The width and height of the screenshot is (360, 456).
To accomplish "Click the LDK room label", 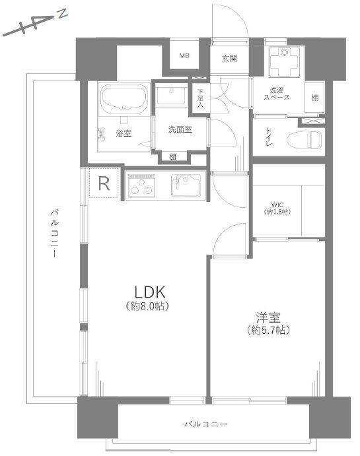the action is tap(150, 292).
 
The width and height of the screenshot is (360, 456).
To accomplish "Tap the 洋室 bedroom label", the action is tap(268, 317).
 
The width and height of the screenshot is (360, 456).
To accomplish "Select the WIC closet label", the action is tap(277, 205).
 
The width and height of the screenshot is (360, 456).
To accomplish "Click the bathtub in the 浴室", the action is tap(124, 99).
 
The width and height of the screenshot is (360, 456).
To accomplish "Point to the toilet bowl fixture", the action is tap(305, 140).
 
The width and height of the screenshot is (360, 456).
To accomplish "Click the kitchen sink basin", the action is tap(186, 185).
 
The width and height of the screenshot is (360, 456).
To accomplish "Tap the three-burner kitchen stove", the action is tap(141, 185).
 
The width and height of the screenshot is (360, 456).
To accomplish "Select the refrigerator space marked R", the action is tap(104, 183).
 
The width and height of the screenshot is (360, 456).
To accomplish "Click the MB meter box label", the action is tap(184, 55).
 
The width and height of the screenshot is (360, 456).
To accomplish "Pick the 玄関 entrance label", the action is tap(230, 59).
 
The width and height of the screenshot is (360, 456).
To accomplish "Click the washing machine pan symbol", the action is tap(284, 61).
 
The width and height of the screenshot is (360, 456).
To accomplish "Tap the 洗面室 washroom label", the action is tap(180, 129).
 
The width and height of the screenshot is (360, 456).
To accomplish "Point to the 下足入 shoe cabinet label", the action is tap(200, 98).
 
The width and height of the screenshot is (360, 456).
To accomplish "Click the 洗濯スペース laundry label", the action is tap(277, 94).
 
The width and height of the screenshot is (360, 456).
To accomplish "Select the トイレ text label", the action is tap(268, 137).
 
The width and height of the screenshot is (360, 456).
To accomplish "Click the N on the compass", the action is tap(62, 14).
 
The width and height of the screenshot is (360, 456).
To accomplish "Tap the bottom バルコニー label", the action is tap(205, 424).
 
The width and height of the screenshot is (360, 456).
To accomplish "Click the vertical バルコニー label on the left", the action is tap(54, 233).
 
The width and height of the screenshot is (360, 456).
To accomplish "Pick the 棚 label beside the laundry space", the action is tap(315, 98).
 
